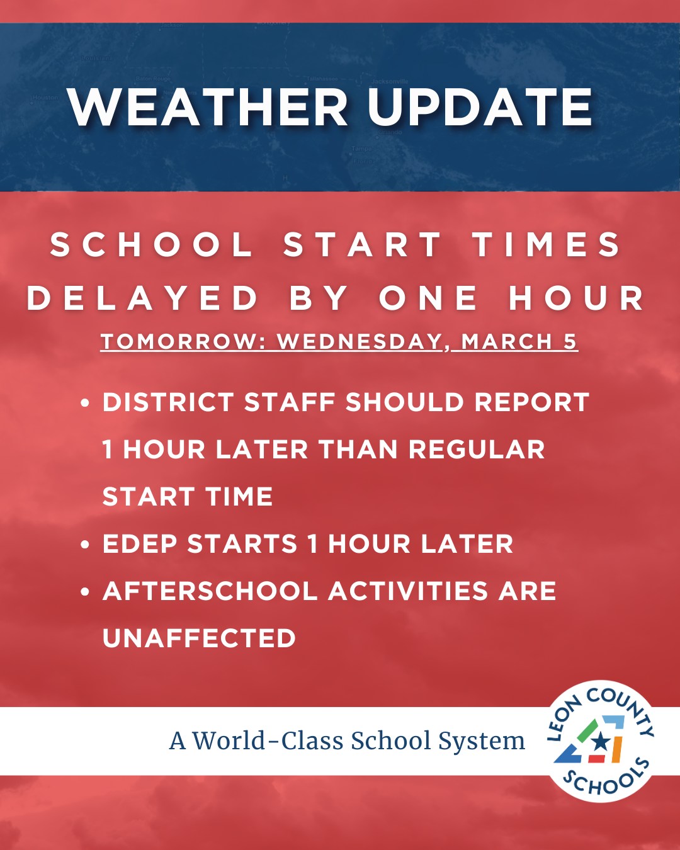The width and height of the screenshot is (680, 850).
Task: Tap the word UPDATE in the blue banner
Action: pyautogui.click(x=480, y=108)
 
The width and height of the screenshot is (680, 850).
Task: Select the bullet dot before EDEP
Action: pyautogui.click(x=85, y=545)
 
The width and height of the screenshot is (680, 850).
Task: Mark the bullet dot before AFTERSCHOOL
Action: pyautogui.click(x=85, y=592)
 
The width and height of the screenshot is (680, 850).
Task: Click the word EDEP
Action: pyautogui.click(x=140, y=544)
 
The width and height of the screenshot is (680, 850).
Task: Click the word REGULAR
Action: pyautogui.click(x=477, y=450)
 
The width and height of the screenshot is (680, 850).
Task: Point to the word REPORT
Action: pyautogui.click(x=532, y=402)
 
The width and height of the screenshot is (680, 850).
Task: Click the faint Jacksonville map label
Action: pyautogui.click(x=390, y=82)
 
